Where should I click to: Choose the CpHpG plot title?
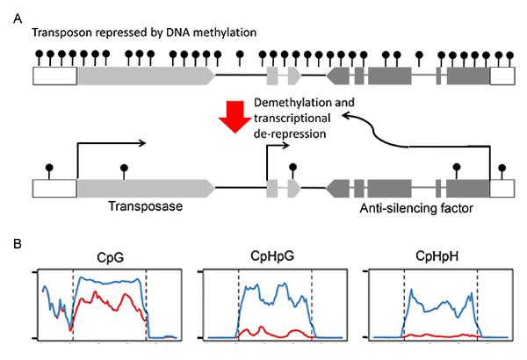point(274,256)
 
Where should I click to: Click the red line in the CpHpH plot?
point(439,335)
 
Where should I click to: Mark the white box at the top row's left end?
point(54,76)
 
